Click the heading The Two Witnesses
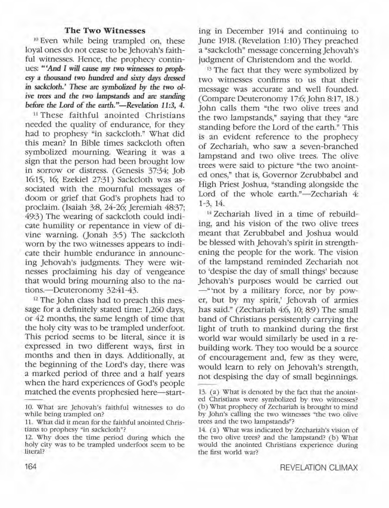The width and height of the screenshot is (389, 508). (x=105, y=31)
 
